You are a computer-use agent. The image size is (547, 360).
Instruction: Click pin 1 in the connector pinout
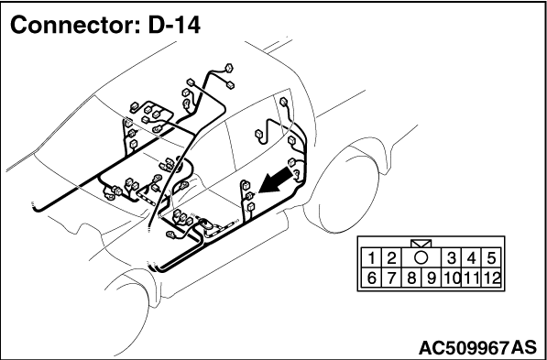371,258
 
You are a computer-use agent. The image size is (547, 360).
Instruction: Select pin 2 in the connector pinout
391,258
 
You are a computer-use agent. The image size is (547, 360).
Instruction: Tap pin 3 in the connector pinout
452,258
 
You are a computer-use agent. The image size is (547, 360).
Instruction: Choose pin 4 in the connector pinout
471,258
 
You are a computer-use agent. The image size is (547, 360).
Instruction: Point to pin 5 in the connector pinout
491,258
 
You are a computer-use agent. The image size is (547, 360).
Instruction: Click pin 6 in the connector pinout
371,278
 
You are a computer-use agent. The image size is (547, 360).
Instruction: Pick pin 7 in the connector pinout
391,278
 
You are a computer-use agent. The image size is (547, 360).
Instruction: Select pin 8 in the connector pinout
411,278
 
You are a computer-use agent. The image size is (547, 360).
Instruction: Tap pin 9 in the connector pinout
432,278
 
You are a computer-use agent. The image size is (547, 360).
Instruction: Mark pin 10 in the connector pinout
452,278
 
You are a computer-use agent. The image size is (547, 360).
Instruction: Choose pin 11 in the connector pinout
471,278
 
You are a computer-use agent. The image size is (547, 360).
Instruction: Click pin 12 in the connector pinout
491,278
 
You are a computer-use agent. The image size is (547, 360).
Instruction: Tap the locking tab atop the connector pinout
421,244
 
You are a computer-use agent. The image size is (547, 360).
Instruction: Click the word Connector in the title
76,25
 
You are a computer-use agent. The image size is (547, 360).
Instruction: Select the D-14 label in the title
174,25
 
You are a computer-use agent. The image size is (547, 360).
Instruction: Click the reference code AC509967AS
477,347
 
